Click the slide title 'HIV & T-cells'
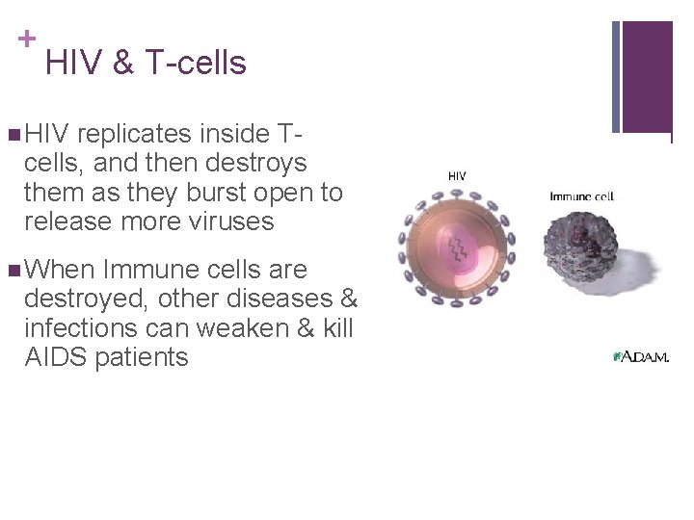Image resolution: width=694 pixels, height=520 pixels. [x=146, y=63]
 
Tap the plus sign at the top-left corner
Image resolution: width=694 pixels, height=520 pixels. [x=27, y=39]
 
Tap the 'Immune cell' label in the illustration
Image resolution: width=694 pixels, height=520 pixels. [x=581, y=196]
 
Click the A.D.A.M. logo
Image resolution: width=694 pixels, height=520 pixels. [x=640, y=356]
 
